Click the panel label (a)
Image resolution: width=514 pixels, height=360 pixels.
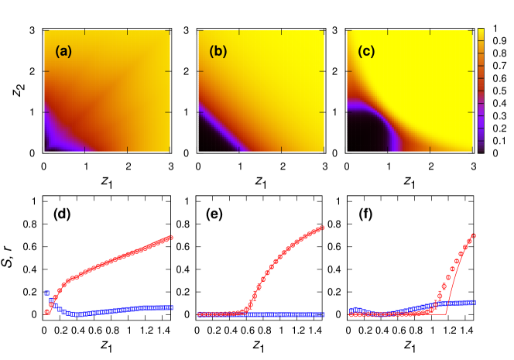pos(63,52)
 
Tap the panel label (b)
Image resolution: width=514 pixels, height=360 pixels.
pos(218,52)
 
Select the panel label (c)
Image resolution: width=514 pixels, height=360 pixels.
pos(366,52)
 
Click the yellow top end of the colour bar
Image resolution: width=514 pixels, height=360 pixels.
pos(481,33)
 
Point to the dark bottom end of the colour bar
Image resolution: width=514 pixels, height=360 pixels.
pos(481,146)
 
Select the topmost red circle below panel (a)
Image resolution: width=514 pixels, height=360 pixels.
pos(170,237)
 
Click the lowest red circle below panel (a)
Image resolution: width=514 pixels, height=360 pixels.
pos(47,312)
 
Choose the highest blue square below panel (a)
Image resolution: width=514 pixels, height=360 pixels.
pos(47,293)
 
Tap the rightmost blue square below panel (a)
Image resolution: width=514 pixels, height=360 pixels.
pos(170,307)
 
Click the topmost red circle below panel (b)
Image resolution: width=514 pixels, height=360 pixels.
pos(322,228)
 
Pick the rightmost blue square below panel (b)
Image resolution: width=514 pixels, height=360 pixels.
pos(322,314)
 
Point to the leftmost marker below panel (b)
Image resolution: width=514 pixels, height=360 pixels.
pos(200,314)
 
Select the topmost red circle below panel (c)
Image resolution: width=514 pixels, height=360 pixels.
pos(474,235)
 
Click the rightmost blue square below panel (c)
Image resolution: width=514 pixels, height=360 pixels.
pos(474,302)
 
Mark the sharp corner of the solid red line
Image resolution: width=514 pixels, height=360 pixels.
pos(445,314)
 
